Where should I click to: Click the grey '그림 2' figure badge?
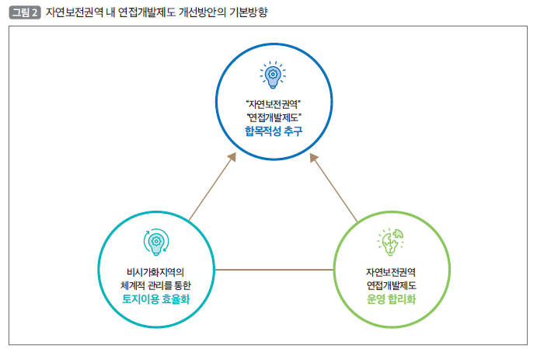click(x=25, y=12)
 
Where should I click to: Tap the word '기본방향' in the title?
click(x=248, y=12)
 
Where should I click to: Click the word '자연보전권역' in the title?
click(x=75, y=12)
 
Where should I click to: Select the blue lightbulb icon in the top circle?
click(x=273, y=75)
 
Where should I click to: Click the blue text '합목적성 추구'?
click(x=274, y=131)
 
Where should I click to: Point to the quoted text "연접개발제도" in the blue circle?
click(x=274, y=117)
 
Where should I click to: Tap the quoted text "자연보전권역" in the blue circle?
click(x=274, y=103)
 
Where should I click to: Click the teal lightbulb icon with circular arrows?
click(x=156, y=242)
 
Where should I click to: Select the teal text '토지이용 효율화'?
click(x=156, y=299)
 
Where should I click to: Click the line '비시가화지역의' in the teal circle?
click(x=156, y=272)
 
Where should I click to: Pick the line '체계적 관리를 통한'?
click(x=156, y=285)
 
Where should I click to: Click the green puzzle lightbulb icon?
click(x=390, y=242)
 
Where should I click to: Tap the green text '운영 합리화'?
click(x=391, y=299)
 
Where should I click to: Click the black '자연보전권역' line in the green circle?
click(x=391, y=272)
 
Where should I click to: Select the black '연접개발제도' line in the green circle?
click(x=391, y=285)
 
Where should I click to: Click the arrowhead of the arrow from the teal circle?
click(x=232, y=156)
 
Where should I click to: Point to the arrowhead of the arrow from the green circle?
click(x=313, y=158)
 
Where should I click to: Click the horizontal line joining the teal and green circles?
click(x=274, y=270)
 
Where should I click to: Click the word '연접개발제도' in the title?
click(x=147, y=12)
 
